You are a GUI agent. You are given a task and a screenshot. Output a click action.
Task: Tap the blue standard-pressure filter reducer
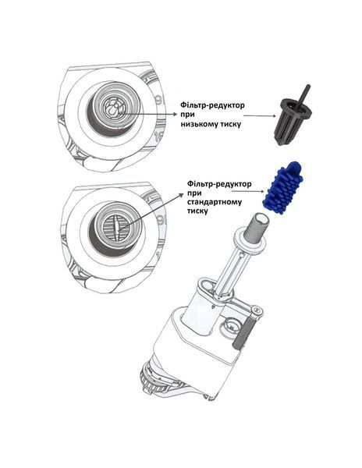point(283,189)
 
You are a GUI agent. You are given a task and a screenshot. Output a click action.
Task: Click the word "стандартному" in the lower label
point(215,202)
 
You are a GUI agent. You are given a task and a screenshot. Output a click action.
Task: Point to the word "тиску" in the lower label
point(197,211)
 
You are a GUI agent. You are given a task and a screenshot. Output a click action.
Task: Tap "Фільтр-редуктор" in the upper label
point(212,105)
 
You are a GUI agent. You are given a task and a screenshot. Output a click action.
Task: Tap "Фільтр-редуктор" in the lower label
point(219,183)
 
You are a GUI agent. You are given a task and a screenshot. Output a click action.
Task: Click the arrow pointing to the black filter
point(260,115)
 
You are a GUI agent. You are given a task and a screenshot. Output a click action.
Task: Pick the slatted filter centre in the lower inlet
point(115,227)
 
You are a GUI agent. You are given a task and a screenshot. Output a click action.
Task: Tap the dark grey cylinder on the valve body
point(244,331)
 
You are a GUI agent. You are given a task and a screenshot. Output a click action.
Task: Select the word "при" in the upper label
point(187,115)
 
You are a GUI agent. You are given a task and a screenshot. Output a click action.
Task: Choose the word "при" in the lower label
point(194,193)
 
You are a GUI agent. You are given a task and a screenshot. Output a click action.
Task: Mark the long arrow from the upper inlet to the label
point(149,114)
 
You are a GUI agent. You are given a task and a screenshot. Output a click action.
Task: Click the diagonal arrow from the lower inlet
point(151,211)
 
